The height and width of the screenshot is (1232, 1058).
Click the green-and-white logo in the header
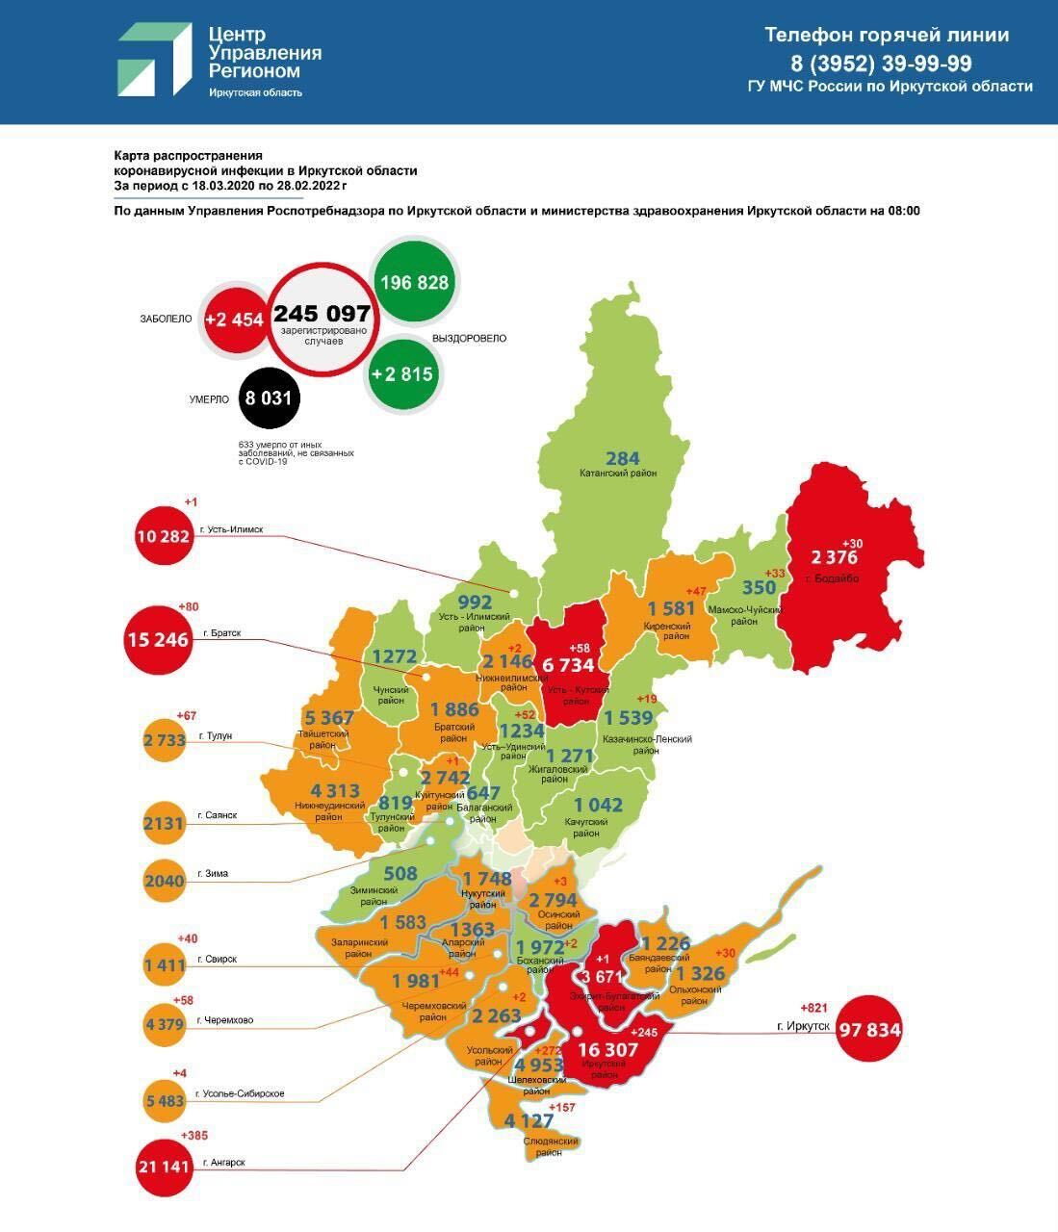tap(154, 60)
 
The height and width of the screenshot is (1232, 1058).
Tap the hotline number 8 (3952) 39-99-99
tap(880, 64)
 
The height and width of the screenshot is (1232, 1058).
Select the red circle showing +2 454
tap(234, 320)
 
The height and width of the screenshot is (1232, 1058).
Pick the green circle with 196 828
tap(415, 282)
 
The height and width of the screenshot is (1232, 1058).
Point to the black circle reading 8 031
tap(269, 397)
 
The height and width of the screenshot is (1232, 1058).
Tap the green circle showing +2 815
tap(402, 373)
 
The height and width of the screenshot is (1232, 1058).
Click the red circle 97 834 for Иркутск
tap(869, 1030)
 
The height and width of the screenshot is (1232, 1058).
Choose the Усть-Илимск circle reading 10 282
tap(163, 535)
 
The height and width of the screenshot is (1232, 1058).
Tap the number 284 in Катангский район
tap(622, 458)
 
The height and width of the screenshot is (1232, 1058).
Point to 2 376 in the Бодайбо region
tap(834, 557)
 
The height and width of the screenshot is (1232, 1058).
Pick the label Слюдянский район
tap(550, 1147)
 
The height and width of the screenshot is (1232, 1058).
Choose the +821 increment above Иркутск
tap(813, 1008)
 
